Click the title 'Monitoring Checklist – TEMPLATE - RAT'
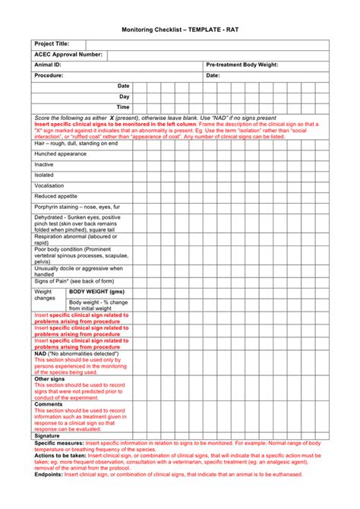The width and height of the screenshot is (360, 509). point(180,30)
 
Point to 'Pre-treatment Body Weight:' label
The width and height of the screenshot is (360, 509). point(242,65)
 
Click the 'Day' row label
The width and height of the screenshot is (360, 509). point(125,97)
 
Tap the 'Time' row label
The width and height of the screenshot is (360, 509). point(123,108)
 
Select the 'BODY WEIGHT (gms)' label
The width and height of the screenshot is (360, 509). point(96,292)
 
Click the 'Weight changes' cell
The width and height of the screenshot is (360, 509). point(44,296)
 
